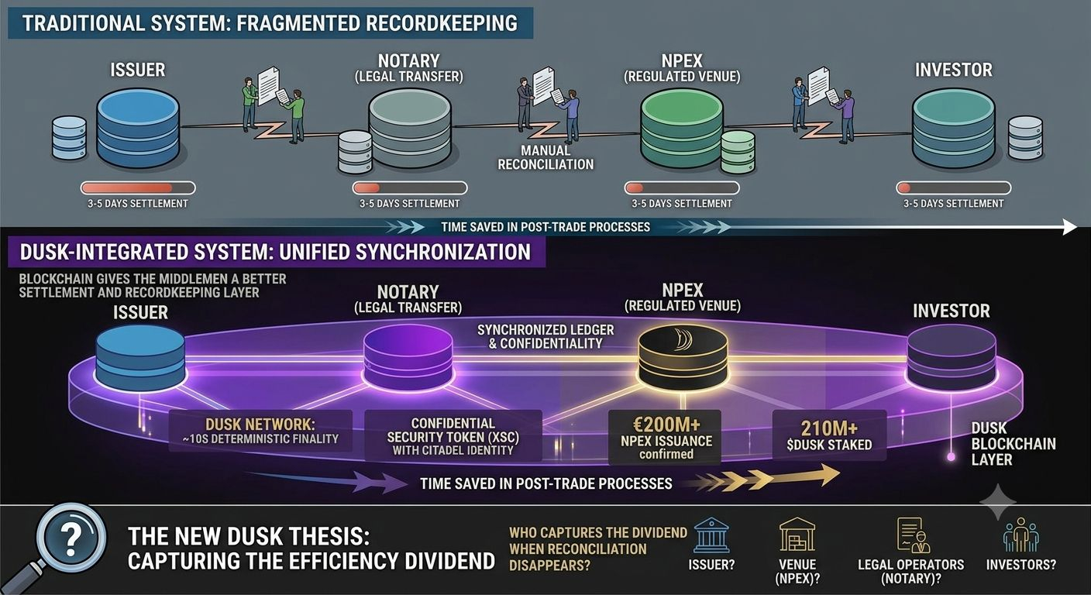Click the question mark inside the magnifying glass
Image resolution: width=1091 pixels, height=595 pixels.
click(71, 538)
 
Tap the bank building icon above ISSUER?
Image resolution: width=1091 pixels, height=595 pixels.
click(711, 535)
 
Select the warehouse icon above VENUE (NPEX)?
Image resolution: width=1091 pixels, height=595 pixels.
click(797, 534)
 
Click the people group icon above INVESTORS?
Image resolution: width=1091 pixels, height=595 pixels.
click(1020, 535)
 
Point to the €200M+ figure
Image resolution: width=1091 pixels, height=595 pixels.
click(666, 425)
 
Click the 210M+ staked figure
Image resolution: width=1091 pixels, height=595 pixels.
click(829, 428)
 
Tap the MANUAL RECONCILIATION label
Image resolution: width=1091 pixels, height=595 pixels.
click(545, 157)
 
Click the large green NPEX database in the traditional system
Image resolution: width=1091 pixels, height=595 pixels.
click(681, 129)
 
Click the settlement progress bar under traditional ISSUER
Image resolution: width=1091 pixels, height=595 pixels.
click(138, 188)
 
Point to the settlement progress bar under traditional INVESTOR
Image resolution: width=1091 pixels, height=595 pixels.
click(954, 188)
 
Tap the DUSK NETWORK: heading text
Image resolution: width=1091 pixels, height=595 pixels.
click(260, 424)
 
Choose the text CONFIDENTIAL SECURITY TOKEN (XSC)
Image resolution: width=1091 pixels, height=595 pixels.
click(453, 430)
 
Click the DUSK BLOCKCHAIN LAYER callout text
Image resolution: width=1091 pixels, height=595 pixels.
click(1013, 444)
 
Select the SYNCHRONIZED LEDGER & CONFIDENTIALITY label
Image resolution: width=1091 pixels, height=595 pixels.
click(545, 336)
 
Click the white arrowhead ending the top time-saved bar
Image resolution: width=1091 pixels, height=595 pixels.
click(1069, 227)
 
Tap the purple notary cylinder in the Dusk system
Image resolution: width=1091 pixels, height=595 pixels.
click(408, 358)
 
